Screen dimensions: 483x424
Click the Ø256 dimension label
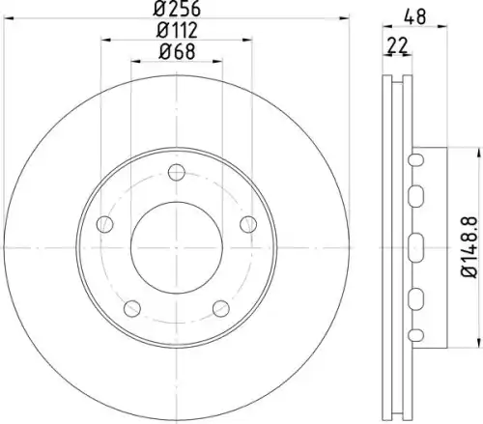coord(177,9)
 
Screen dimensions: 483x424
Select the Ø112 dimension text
coord(177,30)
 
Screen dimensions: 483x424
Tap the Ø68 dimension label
coord(177,51)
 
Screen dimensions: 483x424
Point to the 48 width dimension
coord(415,16)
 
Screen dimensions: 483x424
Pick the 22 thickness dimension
coord(397,45)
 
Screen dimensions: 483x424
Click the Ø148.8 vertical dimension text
coord(469,247)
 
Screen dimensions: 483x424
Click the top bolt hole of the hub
coord(177,172)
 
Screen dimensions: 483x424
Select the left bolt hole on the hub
coord(105,224)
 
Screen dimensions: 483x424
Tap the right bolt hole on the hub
coord(248,224)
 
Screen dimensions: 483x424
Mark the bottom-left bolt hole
coord(132,308)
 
